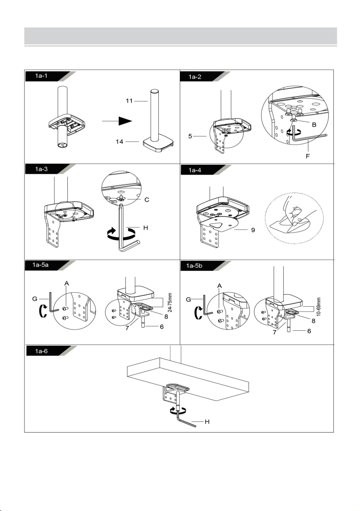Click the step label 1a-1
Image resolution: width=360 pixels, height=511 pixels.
[x=41, y=76]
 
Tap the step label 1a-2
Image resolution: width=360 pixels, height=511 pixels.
[x=195, y=77]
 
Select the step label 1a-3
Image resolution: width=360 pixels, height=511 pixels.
[x=41, y=169]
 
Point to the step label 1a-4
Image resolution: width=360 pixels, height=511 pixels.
[x=195, y=170]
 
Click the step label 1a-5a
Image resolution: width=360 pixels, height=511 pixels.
[x=40, y=265]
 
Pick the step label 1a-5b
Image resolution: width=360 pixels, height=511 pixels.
[x=194, y=266]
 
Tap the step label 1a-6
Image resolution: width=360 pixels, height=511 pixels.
[x=41, y=351]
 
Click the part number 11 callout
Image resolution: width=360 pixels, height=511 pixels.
[x=129, y=101]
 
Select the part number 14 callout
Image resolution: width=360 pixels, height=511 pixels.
[x=120, y=142]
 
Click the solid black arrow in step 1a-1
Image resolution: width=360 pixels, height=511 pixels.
[x=117, y=121]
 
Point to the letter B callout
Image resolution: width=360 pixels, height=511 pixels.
[x=314, y=124]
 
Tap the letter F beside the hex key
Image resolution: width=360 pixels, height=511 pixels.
[x=308, y=156]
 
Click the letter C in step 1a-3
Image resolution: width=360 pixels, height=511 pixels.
[x=147, y=200]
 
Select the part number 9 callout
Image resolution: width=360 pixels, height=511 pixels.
[x=253, y=230]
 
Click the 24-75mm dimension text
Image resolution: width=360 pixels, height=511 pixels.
[x=169, y=302]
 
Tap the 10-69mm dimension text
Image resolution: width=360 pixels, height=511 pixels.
[x=319, y=307]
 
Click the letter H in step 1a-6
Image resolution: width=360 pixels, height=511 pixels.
[x=207, y=422]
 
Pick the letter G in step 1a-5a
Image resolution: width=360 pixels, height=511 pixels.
[x=34, y=299]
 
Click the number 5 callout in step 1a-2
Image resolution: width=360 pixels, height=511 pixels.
[x=190, y=136]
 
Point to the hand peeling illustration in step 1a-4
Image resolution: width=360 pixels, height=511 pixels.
[x=294, y=216]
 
